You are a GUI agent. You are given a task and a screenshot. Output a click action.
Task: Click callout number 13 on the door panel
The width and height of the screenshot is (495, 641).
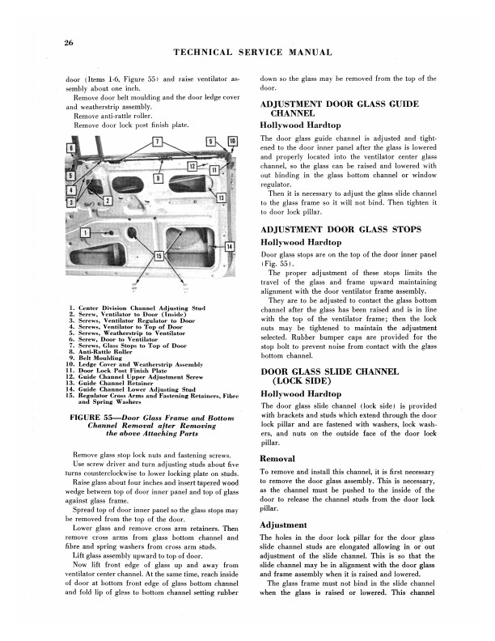click(220, 197)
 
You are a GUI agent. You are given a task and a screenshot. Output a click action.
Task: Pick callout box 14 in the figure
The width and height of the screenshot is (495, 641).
click(229, 246)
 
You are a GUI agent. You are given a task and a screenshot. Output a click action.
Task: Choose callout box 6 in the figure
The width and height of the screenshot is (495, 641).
click(70, 149)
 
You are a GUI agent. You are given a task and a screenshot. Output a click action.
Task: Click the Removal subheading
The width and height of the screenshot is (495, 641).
click(278, 458)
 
